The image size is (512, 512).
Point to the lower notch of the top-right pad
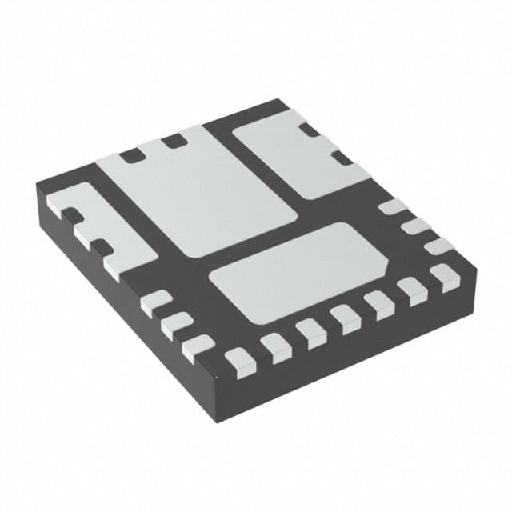tap(343, 158)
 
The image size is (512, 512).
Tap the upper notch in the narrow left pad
tap(72, 215)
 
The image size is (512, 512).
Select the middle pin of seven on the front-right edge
tap(346, 318)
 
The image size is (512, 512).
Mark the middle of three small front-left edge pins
tap(176, 325)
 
